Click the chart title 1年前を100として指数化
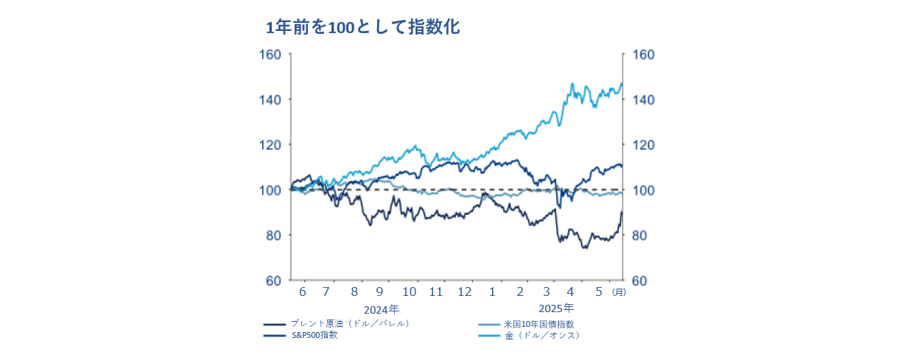[362, 27]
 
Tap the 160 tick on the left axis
[270, 54]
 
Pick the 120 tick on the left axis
[270, 145]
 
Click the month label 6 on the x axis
[303, 292]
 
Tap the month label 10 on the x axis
[410, 292]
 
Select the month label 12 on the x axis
[465, 292]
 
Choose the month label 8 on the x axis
[354, 292]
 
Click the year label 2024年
[382, 309]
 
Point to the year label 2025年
[556, 308]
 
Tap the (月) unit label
[619, 292]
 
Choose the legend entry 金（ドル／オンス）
[542, 336]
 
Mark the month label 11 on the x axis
[436, 292]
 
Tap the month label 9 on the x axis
[379, 292]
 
